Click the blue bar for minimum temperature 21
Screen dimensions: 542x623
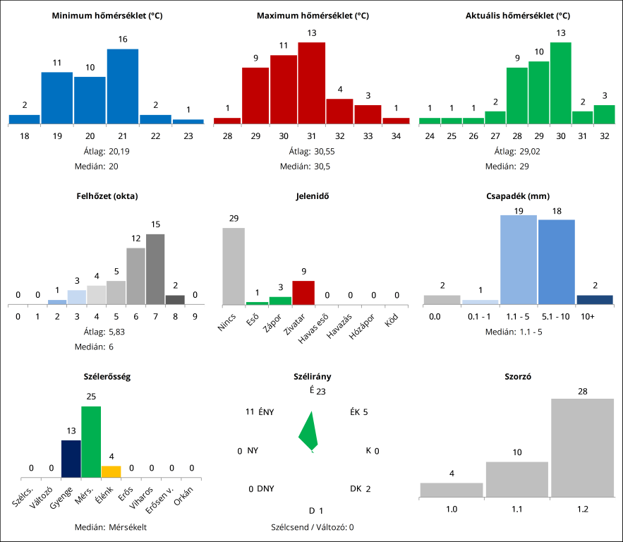[123, 86]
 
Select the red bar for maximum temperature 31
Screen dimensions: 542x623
[311, 83]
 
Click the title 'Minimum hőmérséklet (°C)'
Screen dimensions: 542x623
[107, 15]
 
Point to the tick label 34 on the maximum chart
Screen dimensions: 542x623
[396, 135]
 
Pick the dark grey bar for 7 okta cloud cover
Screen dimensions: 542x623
[155, 269]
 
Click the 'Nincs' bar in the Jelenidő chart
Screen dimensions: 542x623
[234, 266]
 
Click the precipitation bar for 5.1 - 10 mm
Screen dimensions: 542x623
[556, 262]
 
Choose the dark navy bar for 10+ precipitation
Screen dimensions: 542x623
[594, 299]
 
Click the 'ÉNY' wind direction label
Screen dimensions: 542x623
[266, 411]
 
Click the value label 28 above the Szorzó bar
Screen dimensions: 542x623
[582, 391]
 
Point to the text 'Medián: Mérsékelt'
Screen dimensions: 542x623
[111, 526]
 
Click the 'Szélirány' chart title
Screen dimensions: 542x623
[312, 377]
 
